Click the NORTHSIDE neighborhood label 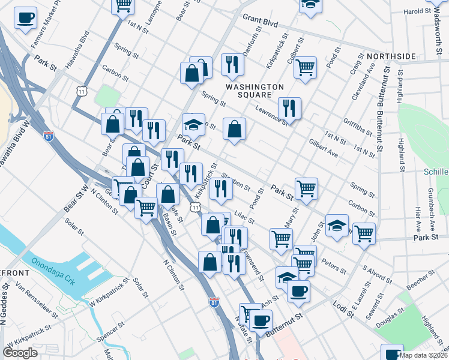pyautogui.click(x=391, y=56)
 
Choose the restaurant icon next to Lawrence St pyautogui.click(x=289, y=108)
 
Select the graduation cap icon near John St pyautogui.click(x=337, y=226)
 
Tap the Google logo pyautogui.click(x=20, y=353)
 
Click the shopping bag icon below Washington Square pyautogui.click(x=234, y=129)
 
